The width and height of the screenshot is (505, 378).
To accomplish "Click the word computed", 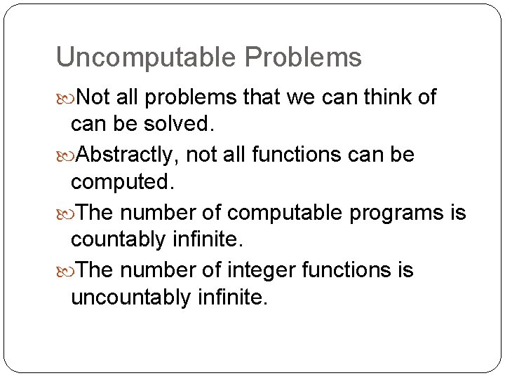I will point(120,183).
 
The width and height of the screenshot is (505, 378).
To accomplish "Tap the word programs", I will point(396,213).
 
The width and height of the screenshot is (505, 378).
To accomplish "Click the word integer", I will point(263,270).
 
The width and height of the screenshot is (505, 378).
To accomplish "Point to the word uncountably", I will point(130,298).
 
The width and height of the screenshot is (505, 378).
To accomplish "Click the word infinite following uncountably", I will point(232,298).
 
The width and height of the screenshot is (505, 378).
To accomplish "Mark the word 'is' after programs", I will point(457,212).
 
